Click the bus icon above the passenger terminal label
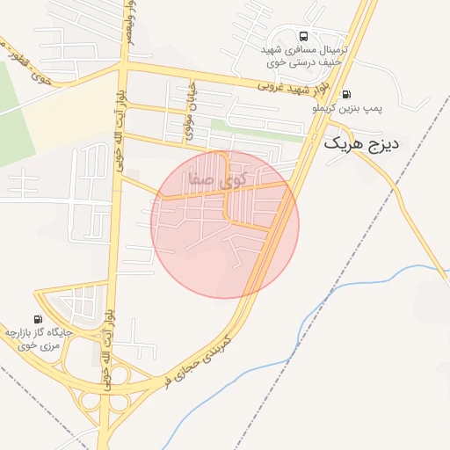(x=303, y=36)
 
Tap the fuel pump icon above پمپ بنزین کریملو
(x=346, y=95)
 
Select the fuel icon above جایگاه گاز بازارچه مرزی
(x=37, y=318)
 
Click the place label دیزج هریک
(x=361, y=143)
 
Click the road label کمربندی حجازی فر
(x=195, y=359)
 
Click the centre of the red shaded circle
(x=225, y=224)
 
